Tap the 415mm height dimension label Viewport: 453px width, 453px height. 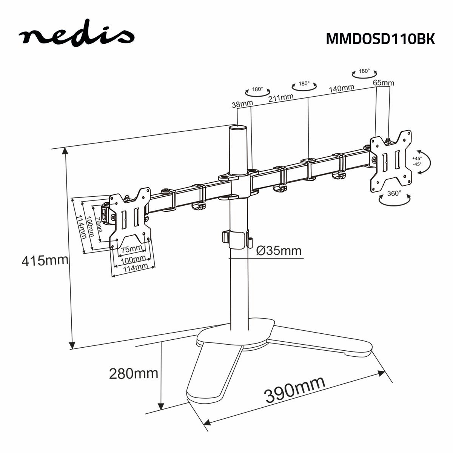point(45,260)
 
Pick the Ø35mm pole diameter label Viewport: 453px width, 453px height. point(279,250)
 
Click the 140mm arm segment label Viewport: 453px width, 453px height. point(341,88)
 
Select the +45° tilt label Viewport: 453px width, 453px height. point(417,159)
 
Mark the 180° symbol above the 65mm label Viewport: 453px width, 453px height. point(364,72)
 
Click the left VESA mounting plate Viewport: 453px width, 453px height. point(130,217)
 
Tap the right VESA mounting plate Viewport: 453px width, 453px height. point(391,160)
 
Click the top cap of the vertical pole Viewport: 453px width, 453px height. point(238,128)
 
